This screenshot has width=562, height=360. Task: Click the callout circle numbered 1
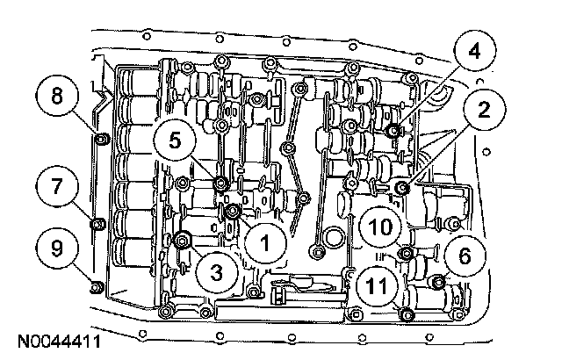pos(261,236)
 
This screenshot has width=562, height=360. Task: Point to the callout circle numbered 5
pos(173,138)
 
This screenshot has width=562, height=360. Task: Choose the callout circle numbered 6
pos(462,255)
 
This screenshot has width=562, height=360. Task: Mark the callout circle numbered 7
pos(58,186)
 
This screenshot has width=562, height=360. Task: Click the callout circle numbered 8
pos(58,95)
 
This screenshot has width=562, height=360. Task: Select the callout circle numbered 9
pos(58,248)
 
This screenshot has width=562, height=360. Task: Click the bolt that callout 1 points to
pos(233,212)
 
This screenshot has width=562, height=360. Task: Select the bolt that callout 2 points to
pos(402,187)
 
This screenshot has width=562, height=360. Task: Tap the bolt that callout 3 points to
pos(183,240)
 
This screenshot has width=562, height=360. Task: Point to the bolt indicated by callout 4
pos(393,131)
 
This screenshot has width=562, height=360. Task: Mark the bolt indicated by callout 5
pos(220,183)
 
